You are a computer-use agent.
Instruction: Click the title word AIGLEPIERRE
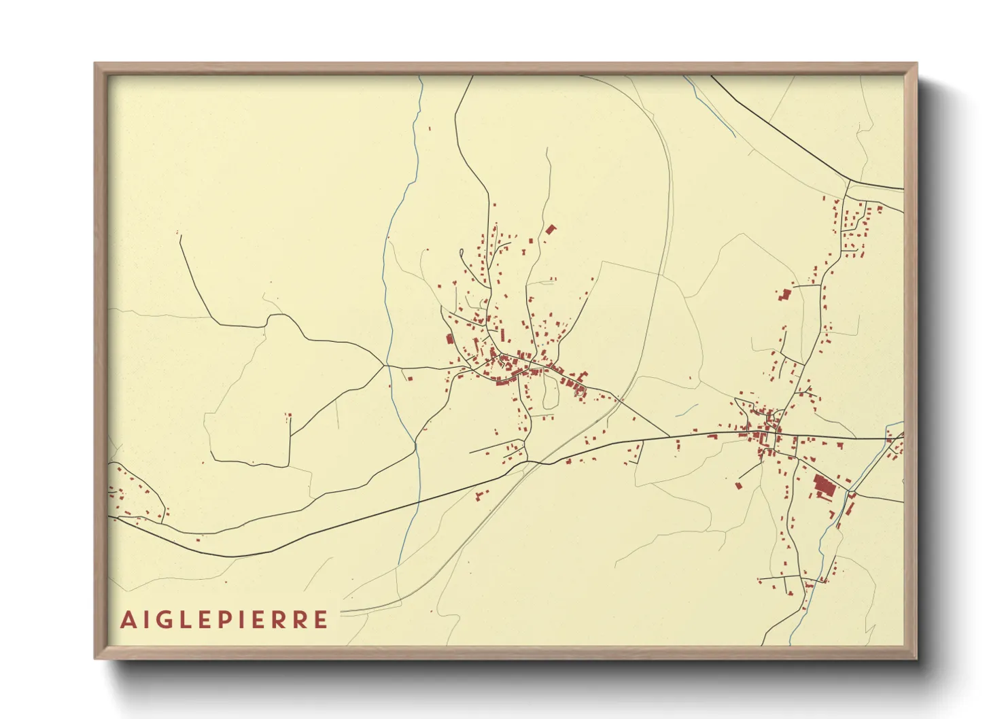[x=224, y=620]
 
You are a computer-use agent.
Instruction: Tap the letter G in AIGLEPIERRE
[x=169, y=620]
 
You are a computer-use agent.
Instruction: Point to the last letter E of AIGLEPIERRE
[x=322, y=620]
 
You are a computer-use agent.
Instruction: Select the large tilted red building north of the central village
[x=550, y=230]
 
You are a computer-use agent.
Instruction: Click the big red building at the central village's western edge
[x=449, y=339]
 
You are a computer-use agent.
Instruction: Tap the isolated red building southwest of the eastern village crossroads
[x=740, y=485]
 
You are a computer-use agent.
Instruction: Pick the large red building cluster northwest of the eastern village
[x=786, y=294]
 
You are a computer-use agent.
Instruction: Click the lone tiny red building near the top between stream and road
[x=429, y=128]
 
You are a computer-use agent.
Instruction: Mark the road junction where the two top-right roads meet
[x=849, y=181]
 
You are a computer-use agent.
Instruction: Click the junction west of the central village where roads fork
[x=385, y=366]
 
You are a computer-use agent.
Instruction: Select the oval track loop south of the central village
[x=549, y=393]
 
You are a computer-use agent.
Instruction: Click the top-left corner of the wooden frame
[x=96, y=65]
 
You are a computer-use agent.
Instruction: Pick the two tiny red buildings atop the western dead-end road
[x=288, y=415]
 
